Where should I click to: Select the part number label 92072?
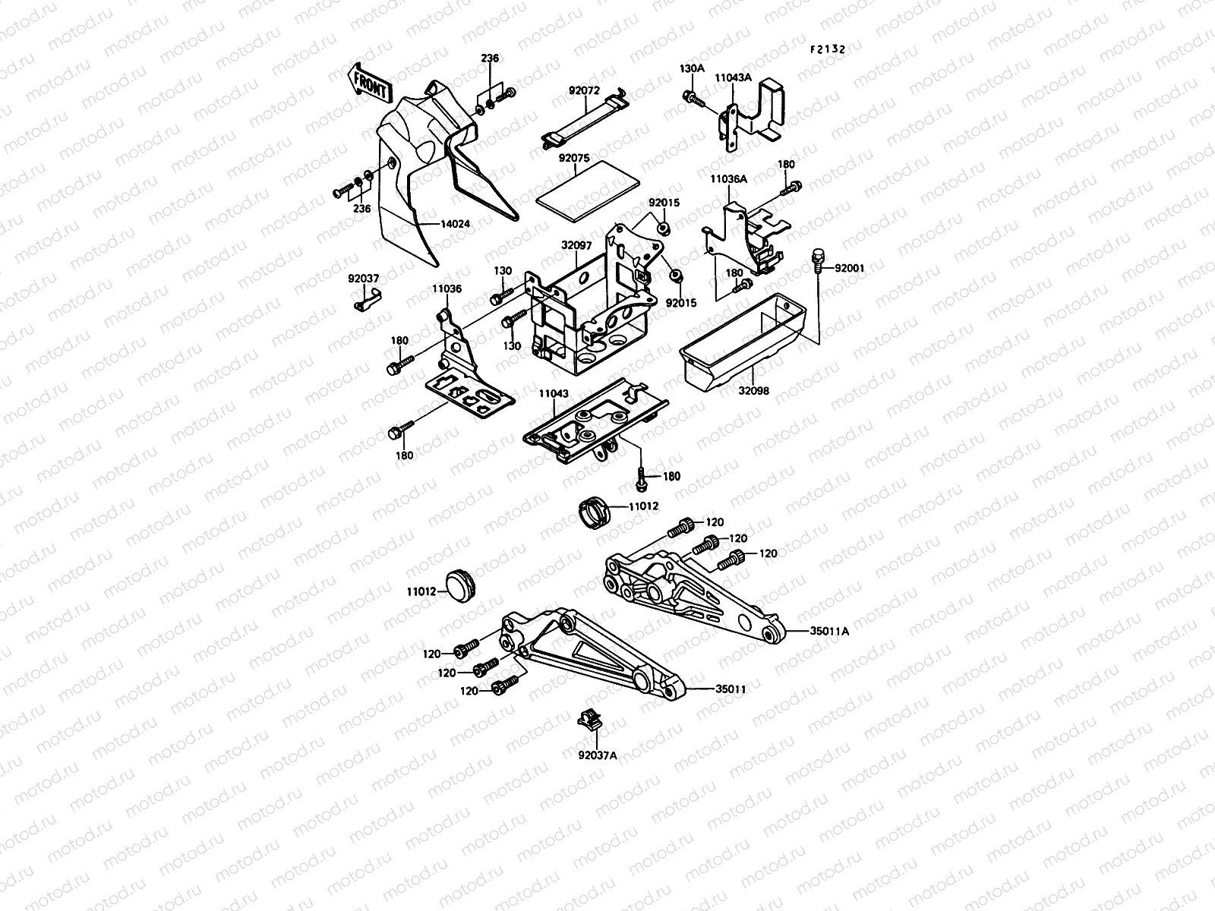(x=584, y=90)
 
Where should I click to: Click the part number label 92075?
(x=574, y=158)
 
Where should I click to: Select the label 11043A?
(x=735, y=77)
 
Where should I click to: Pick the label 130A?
(x=692, y=69)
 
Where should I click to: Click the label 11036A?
(x=728, y=179)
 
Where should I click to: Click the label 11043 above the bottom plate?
(x=554, y=393)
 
